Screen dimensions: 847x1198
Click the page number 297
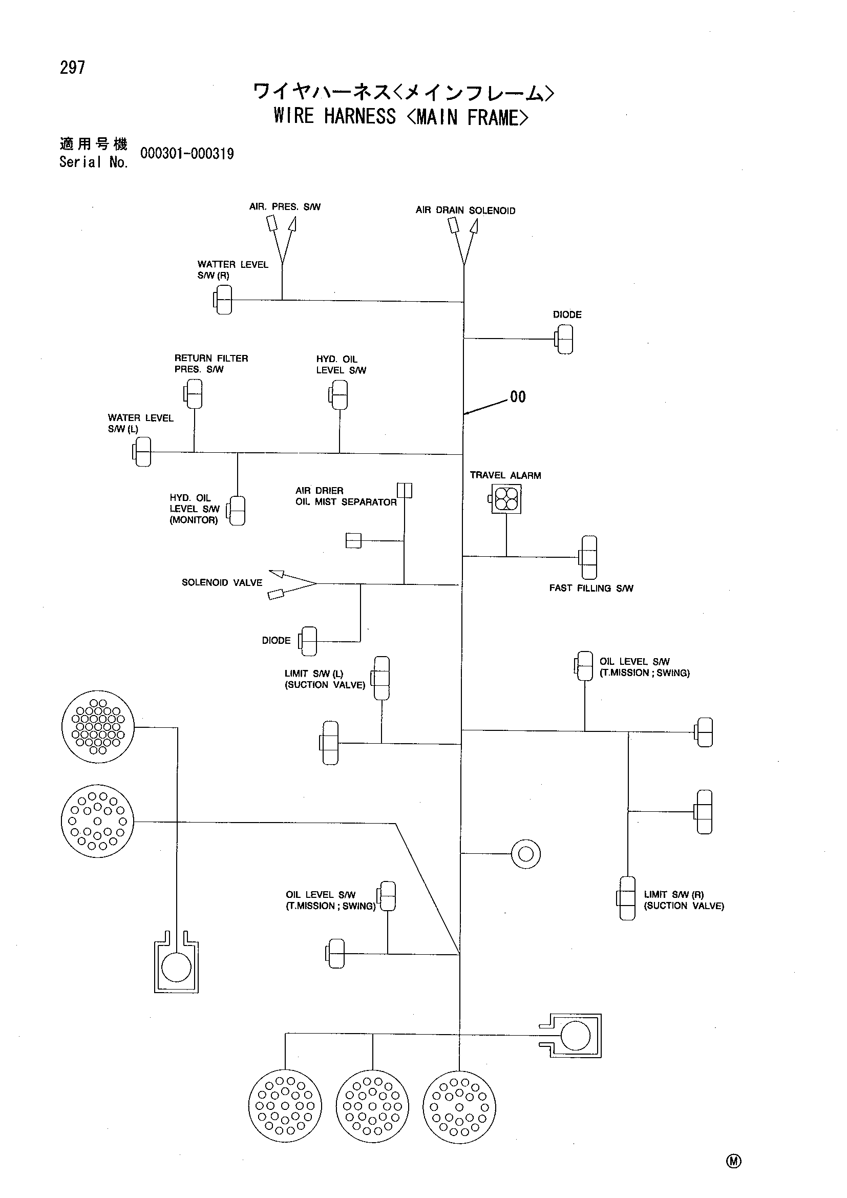73,68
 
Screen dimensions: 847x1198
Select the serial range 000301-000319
187,154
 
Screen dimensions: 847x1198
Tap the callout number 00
518,397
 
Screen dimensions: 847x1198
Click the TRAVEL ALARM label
505,475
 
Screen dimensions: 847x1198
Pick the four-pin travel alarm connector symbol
505,498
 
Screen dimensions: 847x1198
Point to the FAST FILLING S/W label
591,588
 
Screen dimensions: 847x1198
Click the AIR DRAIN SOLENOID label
465,211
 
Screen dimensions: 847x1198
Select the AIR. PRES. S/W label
285,206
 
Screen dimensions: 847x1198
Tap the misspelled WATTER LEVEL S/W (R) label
232,270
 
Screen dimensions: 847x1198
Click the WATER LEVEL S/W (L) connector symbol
142,451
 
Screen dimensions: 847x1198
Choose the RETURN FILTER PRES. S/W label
211,364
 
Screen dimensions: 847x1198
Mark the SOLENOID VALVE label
222,582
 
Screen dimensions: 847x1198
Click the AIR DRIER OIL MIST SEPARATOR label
346,496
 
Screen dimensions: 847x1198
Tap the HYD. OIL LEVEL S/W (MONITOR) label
194,509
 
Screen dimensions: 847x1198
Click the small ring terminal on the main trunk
526,854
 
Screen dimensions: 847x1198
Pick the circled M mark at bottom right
733,1161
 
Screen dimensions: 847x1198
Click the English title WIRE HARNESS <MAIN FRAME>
400,117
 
